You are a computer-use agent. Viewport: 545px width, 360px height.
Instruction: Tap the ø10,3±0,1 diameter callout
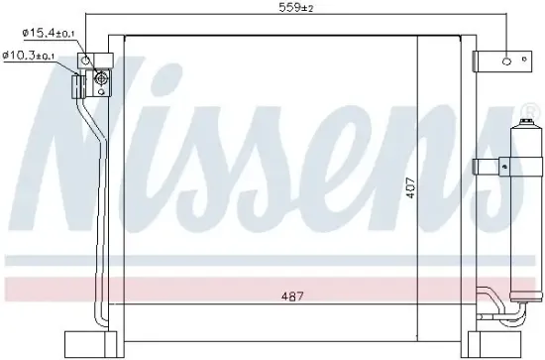point(34,55)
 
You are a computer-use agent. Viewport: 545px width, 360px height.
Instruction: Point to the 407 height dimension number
point(410,187)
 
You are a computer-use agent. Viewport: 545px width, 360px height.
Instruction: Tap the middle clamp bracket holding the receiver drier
point(491,165)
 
